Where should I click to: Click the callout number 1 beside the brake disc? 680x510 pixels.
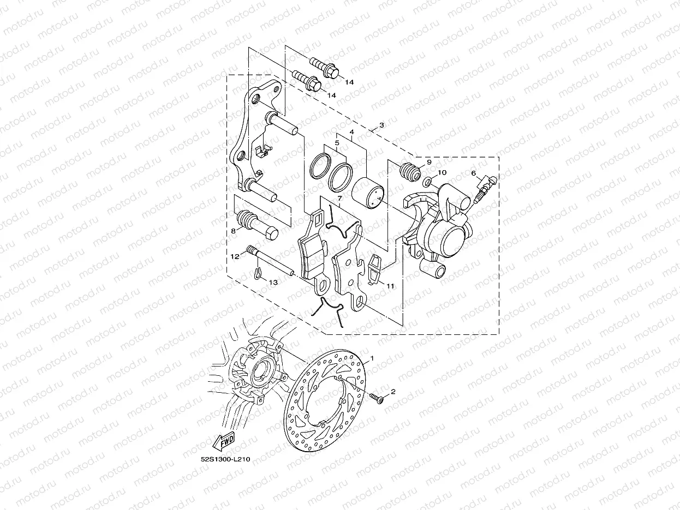point(372,358)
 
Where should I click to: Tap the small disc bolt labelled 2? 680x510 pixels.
point(375,398)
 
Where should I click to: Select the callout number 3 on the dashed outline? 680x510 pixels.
point(381,125)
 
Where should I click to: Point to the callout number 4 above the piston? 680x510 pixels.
point(352,132)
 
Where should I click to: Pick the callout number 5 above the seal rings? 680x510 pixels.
point(337,143)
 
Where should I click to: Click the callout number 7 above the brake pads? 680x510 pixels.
point(339,200)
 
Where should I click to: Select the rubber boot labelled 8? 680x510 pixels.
point(256,222)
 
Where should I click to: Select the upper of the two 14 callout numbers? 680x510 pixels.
point(349,82)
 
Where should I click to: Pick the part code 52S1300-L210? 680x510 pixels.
point(225,459)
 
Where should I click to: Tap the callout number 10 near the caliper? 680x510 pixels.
point(442,172)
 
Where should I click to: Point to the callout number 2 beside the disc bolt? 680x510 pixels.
point(392,392)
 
